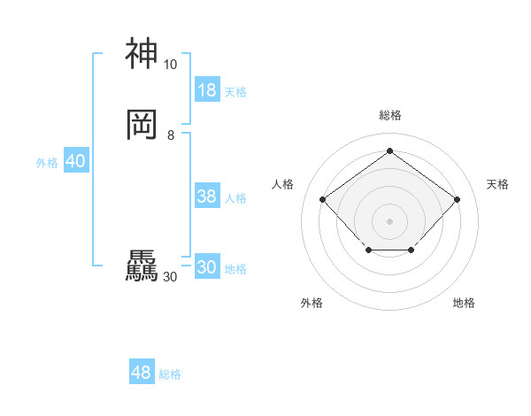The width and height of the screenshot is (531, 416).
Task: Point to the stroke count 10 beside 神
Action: pyautogui.click(x=170, y=65)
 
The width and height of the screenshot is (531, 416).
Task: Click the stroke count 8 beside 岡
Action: pyautogui.click(x=171, y=135)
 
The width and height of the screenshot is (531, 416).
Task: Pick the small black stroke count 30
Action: pyautogui.click(x=170, y=277)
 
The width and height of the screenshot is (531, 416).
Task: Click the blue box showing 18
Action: pyautogui.click(x=207, y=90)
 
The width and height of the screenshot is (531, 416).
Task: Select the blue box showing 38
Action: pyautogui.click(x=207, y=196)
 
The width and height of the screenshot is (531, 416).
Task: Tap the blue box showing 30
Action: pyautogui.click(x=207, y=267)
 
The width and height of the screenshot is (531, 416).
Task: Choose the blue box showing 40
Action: pyautogui.click(x=75, y=161)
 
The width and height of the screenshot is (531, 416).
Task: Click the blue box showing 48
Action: pyautogui.click(x=142, y=373)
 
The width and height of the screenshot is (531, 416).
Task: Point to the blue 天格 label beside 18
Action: pyautogui.click(x=235, y=92)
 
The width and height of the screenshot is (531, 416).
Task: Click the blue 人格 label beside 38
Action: pyautogui.click(x=235, y=198)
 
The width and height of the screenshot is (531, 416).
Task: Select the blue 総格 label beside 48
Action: pyautogui.click(x=170, y=374)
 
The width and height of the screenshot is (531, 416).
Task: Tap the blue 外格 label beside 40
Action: pyautogui.click(x=47, y=163)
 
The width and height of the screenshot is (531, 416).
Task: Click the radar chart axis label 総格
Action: pyautogui.click(x=389, y=115)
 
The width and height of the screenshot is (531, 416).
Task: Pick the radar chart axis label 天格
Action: pyautogui.click(x=497, y=184)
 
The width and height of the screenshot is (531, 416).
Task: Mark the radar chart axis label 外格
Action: pyautogui.click(x=312, y=303)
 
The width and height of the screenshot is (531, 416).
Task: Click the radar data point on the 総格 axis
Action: pyautogui.click(x=389, y=150)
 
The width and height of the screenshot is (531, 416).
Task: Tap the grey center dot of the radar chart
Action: pyautogui.click(x=389, y=220)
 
